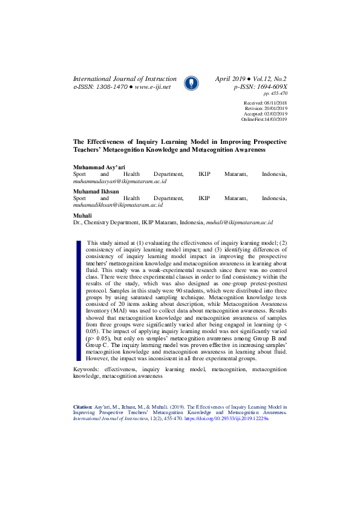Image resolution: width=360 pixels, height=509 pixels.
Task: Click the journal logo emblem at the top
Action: click(191, 83)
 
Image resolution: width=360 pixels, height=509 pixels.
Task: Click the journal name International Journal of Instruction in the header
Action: click(125, 79)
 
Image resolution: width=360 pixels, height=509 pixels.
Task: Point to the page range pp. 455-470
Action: click(275, 94)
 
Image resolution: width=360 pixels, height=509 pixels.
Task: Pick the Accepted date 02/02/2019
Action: click(275, 114)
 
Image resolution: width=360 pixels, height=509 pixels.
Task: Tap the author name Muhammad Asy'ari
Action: click(99, 166)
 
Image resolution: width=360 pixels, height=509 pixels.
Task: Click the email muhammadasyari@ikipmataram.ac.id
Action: click(120, 181)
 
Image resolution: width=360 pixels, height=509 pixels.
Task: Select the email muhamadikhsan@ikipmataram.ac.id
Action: click(118, 205)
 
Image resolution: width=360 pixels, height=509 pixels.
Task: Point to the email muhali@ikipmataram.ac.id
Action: click(240, 222)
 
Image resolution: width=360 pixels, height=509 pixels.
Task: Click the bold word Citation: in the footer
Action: click(83, 408)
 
